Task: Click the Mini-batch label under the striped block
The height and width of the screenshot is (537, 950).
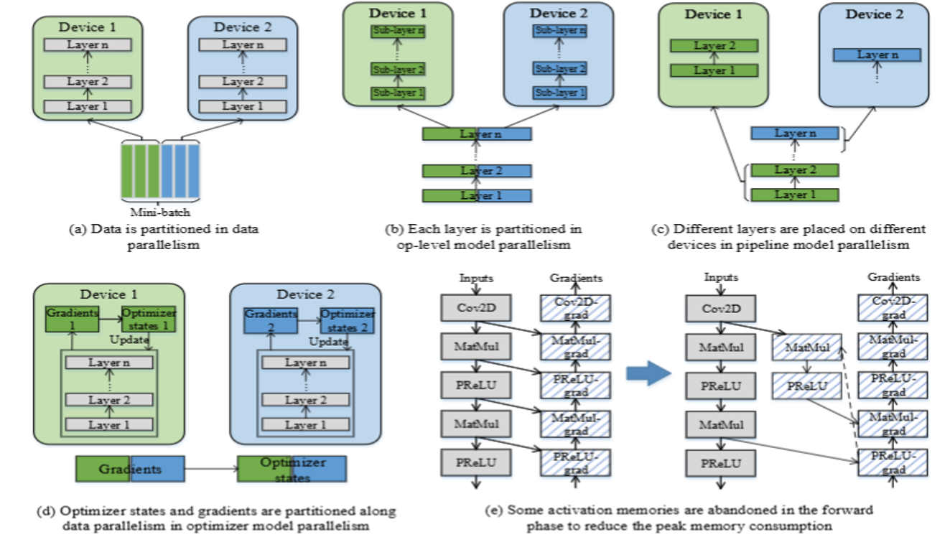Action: [x=160, y=212]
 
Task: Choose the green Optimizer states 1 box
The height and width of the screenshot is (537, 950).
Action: [x=149, y=319]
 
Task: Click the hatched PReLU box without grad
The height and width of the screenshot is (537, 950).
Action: [x=801, y=388]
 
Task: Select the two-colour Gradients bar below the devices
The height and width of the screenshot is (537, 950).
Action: [x=130, y=469]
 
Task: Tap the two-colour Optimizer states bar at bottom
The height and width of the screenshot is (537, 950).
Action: [x=292, y=470]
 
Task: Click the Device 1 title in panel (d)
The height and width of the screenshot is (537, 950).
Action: [x=110, y=294]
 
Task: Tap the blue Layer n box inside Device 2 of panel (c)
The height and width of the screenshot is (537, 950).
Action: [x=877, y=55]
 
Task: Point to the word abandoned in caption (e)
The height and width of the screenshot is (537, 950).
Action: [x=729, y=510]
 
